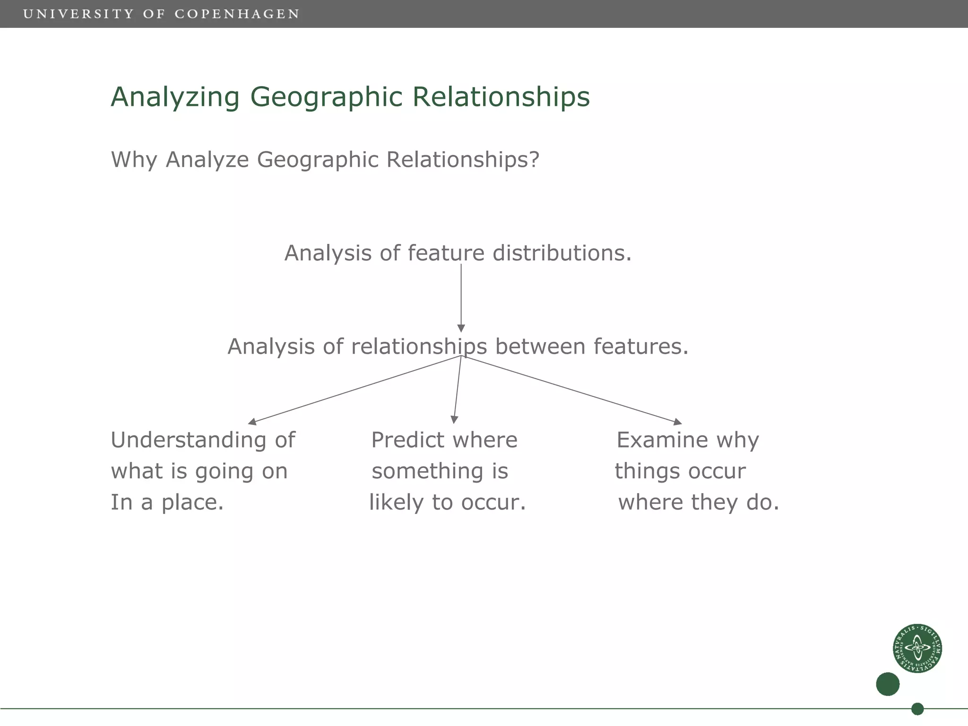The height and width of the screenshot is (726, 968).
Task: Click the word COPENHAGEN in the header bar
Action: [x=237, y=14]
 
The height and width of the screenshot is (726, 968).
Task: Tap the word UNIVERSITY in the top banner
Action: [x=78, y=14]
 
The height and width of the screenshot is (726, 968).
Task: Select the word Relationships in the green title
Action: [x=501, y=97]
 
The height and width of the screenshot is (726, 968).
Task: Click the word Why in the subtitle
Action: [x=134, y=160]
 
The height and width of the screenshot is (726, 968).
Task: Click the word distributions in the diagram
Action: [x=562, y=253]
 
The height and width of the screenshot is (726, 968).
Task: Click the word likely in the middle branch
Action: [x=396, y=502]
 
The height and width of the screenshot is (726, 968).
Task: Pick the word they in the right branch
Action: [x=713, y=502]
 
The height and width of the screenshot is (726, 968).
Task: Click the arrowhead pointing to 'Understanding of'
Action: [x=252, y=422]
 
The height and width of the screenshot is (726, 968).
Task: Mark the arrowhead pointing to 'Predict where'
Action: [x=454, y=420]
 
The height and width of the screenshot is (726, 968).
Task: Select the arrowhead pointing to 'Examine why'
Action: [x=677, y=422]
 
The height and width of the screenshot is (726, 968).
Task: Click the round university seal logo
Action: [x=917, y=648]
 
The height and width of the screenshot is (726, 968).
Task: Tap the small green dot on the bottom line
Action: [x=917, y=709]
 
